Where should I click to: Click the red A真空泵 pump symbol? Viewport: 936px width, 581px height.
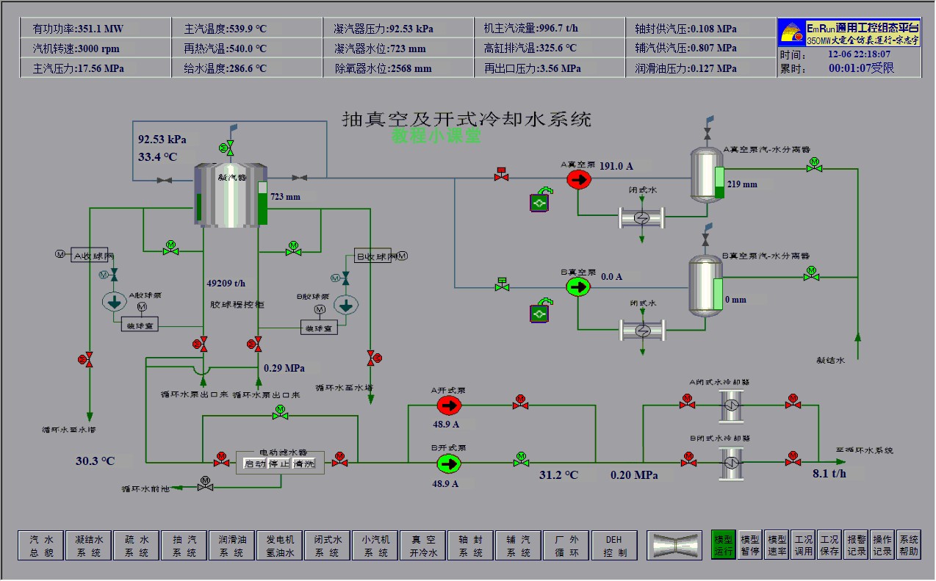tap(578, 178)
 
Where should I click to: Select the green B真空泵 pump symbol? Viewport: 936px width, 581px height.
tap(578, 286)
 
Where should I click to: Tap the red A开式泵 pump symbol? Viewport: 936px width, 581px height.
tap(448, 405)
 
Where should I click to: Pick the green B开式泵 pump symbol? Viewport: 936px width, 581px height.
tap(448, 463)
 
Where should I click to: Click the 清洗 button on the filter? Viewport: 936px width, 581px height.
tap(303, 463)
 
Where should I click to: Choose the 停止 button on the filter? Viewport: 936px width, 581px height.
tap(278, 463)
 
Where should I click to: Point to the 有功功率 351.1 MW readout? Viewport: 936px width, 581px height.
tap(78, 29)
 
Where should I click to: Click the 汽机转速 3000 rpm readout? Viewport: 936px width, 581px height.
tap(76, 48)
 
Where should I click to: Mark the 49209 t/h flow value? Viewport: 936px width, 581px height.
tap(226, 283)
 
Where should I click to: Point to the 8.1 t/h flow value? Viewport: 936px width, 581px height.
tap(829, 474)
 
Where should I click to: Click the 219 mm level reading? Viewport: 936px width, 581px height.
tap(741, 184)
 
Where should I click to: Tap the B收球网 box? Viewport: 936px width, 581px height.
tap(375, 256)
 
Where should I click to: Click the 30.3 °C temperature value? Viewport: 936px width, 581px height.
tap(96, 461)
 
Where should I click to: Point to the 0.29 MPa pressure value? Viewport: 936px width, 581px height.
tap(284, 367)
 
